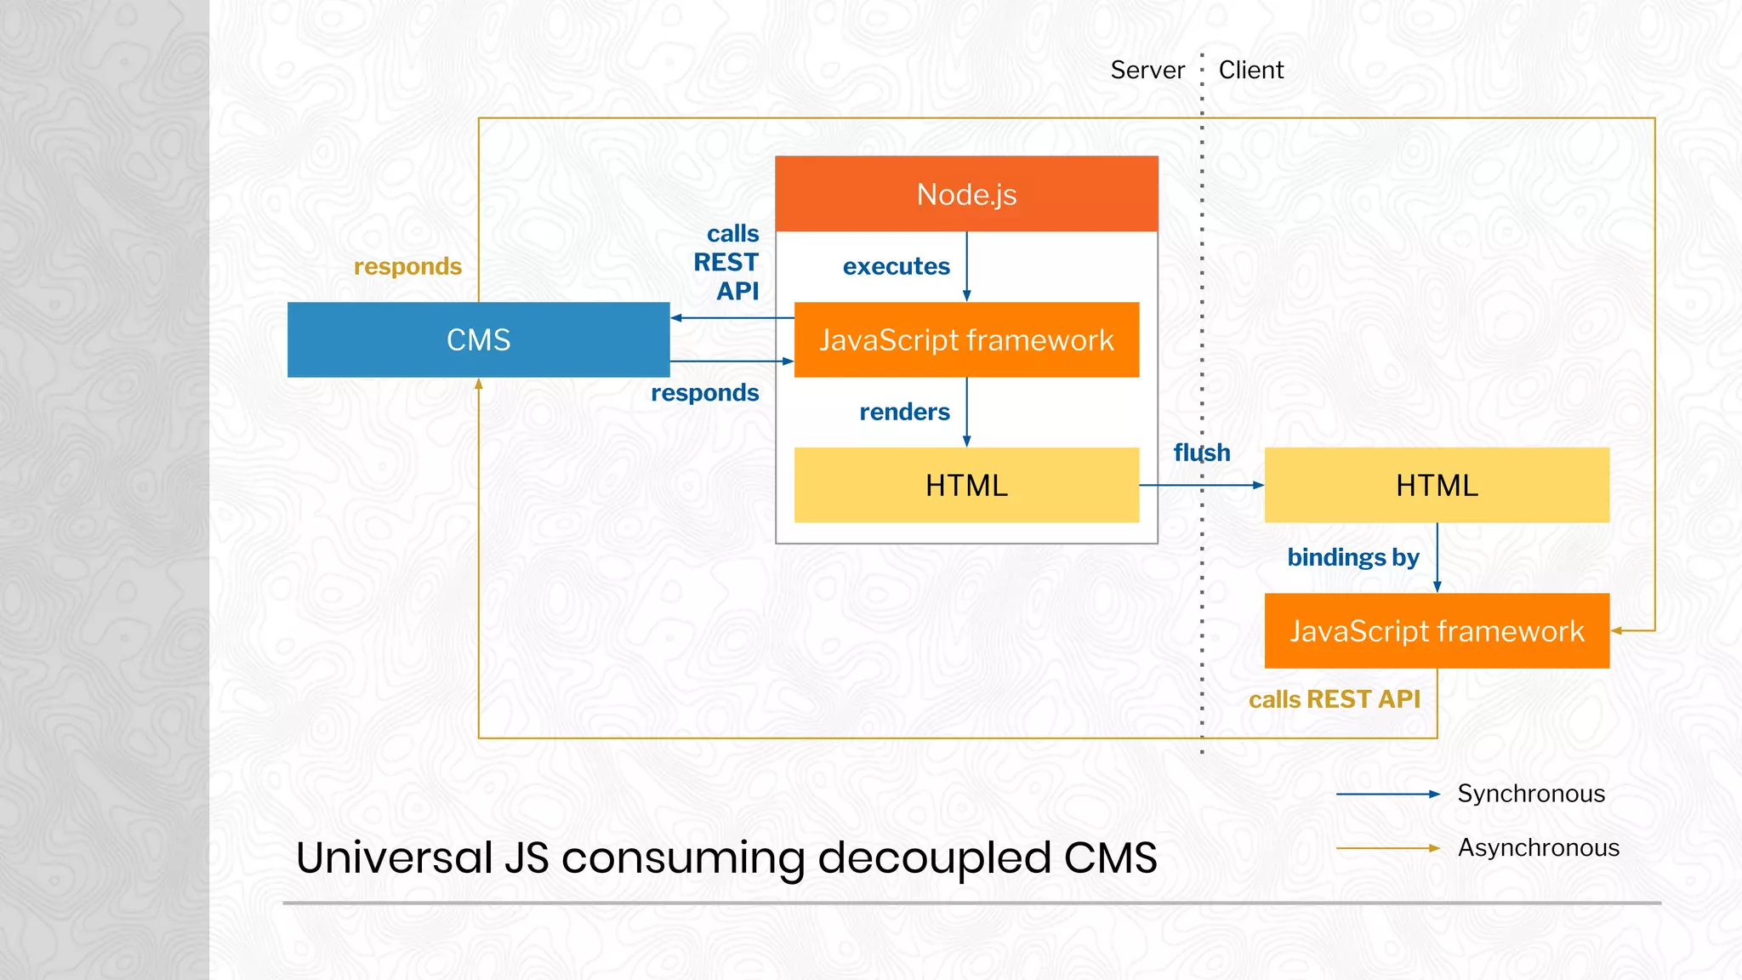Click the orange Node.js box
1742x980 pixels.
(x=966, y=194)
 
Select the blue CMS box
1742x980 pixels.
(x=478, y=339)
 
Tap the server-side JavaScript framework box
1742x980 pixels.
(x=966, y=339)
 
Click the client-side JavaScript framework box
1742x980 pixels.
(x=1437, y=630)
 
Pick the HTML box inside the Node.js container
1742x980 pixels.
(x=966, y=485)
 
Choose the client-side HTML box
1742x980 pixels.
(x=1437, y=485)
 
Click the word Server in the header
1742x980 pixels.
(x=1147, y=70)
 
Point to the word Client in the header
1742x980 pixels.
(x=1250, y=70)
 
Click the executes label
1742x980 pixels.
(x=896, y=266)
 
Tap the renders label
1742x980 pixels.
(x=904, y=412)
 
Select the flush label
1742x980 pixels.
(x=1201, y=452)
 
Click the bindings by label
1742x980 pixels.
(x=1352, y=557)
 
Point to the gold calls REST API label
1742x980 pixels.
(x=1334, y=699)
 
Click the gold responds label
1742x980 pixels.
(x=407, y=266)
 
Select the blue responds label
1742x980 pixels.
(x=704, y=392)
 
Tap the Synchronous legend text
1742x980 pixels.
(x=1530, y=794)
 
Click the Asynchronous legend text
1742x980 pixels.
(x=1538, y=847)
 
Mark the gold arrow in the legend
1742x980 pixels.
(x=1386, y=848)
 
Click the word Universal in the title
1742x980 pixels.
(x=394, y=857)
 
